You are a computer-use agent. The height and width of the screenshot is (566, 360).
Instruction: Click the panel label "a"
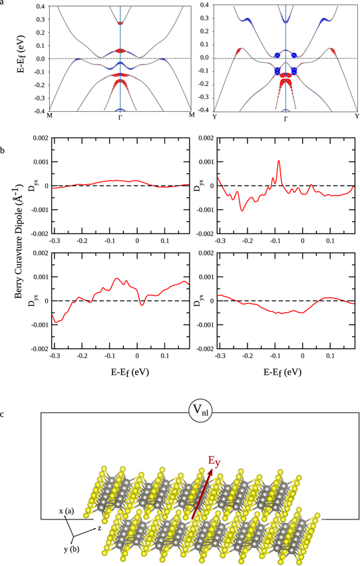coord(3,3)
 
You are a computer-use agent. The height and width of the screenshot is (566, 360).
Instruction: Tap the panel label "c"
coord(3,416)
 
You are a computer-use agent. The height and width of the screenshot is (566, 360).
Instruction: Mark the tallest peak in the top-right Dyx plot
coord(279,160)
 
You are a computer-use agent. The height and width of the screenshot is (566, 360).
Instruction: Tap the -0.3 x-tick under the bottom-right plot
coord(218,356)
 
